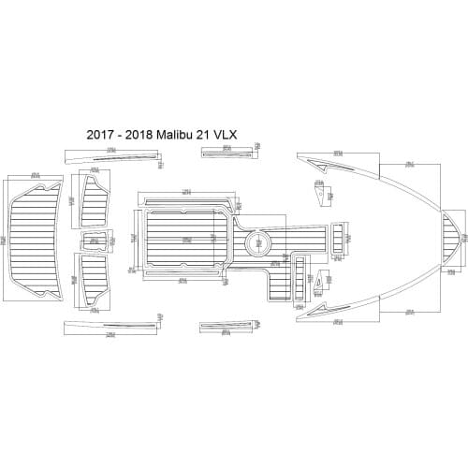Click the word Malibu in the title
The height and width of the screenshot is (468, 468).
(x=175, y=135)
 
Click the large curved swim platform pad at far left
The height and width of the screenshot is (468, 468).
(x=37, y=240)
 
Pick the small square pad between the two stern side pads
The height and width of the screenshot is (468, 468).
(x=94, y=241)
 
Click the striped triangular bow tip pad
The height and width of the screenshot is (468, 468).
(x=453, y=238)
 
